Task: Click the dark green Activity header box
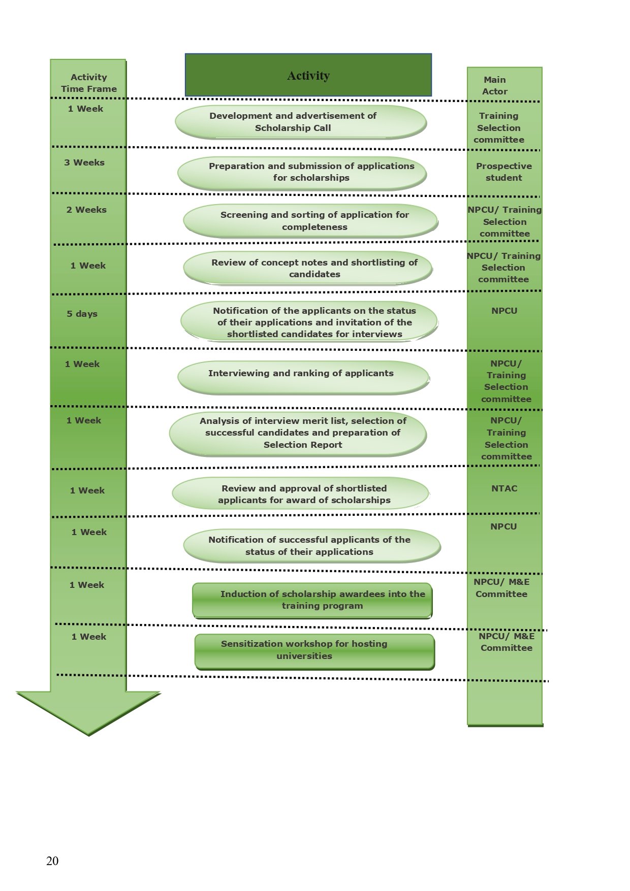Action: coord(308,75)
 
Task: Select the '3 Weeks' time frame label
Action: coord(84,162)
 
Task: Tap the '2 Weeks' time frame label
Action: coord(86,210)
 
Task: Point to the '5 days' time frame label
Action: coord(82,314)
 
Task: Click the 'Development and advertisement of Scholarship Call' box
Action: coord(300,122)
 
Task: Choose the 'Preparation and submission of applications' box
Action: coord(302,172)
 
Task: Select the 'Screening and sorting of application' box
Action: coord(310,221)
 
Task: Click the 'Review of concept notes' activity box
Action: coord(308,268)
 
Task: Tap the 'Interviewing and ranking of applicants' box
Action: coord(303,376)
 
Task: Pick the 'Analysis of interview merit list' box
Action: coord(298,433)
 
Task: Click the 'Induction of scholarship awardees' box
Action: coord(312,600)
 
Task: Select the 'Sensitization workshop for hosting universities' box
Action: coord(314,650)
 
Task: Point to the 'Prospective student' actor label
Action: coord(503,172)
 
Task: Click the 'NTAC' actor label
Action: coord(504,488)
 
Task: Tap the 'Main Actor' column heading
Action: coord(495,86)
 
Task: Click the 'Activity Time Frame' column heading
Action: coord(89,83)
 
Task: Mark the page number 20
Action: coord(52,861)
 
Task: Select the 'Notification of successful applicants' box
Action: coord(311,546)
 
